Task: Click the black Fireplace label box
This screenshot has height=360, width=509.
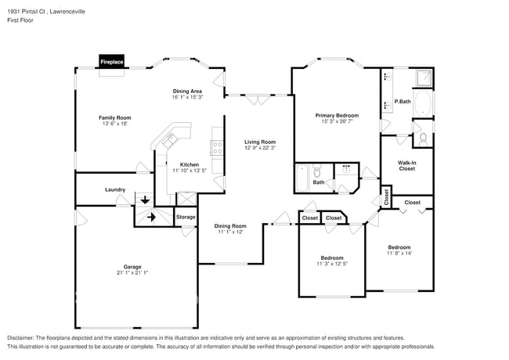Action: click(112, 61)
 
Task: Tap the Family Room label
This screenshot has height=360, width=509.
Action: click(114, 117)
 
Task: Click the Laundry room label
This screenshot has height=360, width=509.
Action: click(116, 189)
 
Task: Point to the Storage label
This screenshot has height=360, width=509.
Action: click(186, 217)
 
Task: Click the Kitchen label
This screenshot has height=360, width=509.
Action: click(190, 164)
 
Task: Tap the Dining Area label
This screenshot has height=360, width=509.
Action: click(188, 91)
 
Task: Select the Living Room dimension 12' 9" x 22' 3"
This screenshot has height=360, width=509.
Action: click(260, 148)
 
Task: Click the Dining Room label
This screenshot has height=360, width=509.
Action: click(230, 226)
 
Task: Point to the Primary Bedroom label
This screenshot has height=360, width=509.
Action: click(338, 115)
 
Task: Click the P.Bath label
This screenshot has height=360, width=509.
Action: click(403, 102)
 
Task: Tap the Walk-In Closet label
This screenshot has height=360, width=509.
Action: click(407, 165)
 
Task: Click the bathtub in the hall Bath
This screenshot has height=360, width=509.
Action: click(301, 179)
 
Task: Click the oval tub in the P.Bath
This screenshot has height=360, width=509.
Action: click(422, 103)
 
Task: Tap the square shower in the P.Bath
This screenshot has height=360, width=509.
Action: click(422, 77)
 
